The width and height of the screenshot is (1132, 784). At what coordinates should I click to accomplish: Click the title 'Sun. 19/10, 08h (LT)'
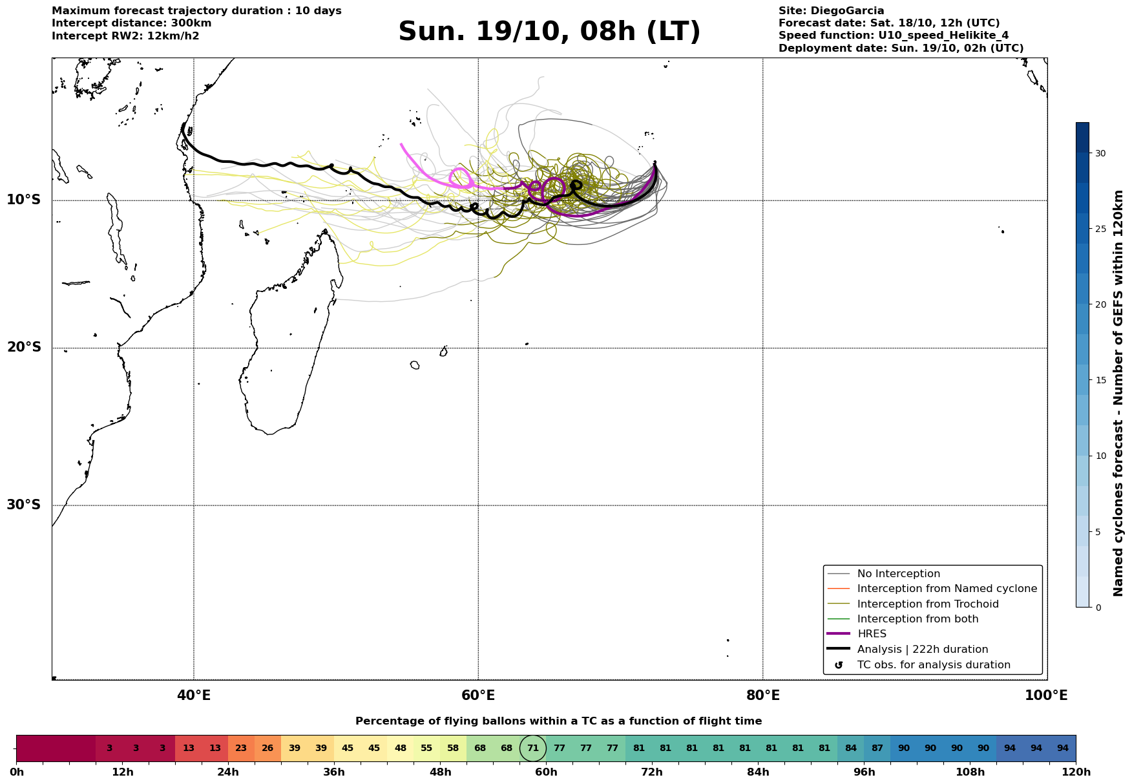click(549, 32)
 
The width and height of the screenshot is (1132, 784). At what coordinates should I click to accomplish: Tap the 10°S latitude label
click(24, 200)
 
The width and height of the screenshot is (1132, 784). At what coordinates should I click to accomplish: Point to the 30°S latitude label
click(24, 505)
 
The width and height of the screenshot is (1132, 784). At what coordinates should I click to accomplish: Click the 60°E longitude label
click(478, 695)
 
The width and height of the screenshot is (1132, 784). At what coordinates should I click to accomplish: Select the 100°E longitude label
click(1046, 695)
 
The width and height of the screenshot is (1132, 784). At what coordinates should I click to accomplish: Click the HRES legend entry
click(872, 634)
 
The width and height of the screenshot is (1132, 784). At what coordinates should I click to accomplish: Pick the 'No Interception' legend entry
click(898, 574)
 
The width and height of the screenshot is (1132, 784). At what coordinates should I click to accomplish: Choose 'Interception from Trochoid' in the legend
click(927, 604)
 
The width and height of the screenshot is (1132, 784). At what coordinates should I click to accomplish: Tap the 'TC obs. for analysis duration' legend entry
click(933, 665)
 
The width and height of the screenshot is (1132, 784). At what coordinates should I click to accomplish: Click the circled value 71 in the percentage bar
click(533, 748)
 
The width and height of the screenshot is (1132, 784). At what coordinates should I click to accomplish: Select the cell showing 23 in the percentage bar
click(241, 748)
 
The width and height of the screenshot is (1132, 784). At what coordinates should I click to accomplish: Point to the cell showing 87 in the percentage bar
click(877, 748)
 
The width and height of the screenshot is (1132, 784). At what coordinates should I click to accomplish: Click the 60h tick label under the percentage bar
click(546, 772)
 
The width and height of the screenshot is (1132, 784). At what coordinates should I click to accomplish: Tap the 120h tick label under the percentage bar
click(1075, 772)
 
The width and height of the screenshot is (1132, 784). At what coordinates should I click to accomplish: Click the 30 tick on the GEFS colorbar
click(1100, 153)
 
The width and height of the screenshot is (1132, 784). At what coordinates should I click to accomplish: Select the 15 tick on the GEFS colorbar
click(1100, 380)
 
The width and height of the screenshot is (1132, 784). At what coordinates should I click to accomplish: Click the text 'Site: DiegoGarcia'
click(831, 11)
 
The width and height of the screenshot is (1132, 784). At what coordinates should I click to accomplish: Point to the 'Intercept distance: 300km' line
click(131, 23)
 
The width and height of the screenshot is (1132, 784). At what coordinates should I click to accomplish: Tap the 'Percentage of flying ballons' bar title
click(558, 721)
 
